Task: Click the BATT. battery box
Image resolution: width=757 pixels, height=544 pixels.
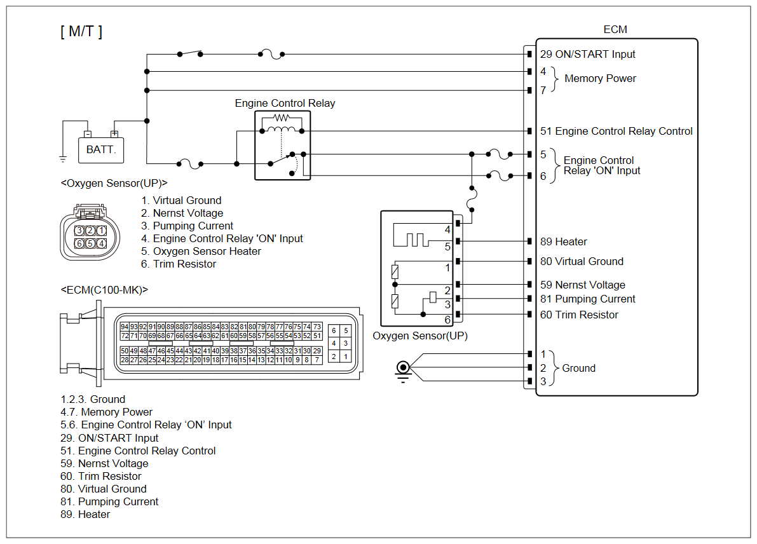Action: tap(101, 150)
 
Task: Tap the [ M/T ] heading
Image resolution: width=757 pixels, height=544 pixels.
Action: tap(81, 32)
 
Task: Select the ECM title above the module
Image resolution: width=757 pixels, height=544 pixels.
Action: tap(615, 30)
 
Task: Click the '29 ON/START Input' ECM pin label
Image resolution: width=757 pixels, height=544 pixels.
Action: tap(587, 55)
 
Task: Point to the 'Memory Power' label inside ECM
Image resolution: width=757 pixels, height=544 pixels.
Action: tap(600, 79)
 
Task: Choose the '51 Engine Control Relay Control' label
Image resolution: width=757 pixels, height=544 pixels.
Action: tap(616, 132)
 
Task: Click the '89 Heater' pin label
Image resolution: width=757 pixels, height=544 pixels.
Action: tap(563, 242)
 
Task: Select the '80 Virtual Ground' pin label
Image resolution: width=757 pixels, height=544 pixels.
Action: tap(582, 262)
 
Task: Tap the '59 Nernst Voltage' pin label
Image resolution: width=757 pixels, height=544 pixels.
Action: tap(582, 285)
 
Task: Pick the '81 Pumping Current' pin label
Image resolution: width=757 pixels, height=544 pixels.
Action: tap(587, 299)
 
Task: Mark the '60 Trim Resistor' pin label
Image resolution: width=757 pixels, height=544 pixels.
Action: tap(578, 315)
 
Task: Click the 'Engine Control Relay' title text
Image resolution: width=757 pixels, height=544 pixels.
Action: tap(285, 104)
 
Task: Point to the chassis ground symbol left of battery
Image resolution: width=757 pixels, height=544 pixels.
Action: tap(63, 158)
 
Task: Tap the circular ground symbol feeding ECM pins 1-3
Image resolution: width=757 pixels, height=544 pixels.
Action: tap(402, 368)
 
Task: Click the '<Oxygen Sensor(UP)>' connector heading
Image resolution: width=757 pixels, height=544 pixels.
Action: tap(114, 183)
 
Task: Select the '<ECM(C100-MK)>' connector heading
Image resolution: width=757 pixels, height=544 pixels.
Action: tap(104, 290)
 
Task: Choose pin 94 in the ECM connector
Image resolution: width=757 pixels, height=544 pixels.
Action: tap(125, 327)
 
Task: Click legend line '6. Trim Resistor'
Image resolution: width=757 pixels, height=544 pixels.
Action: tap(179, 264)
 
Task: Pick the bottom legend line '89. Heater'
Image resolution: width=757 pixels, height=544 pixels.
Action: tap(85, 515)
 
